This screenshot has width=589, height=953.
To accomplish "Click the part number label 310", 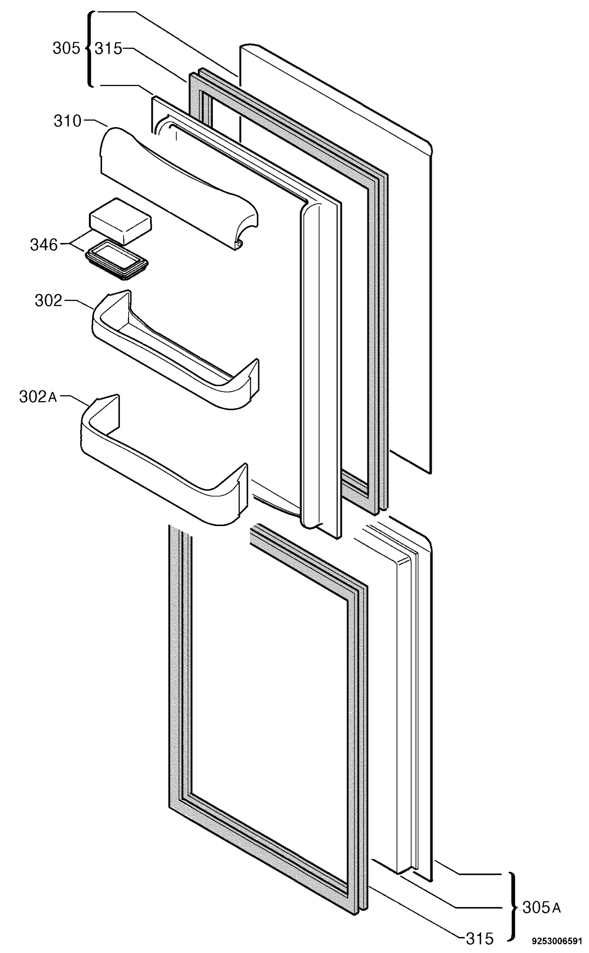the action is click(68, 121).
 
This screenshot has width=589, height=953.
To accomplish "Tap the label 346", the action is click(44, 245).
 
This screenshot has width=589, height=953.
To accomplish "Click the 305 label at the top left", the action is click(66, 48).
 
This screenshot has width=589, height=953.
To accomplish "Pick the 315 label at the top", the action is click(108, 48).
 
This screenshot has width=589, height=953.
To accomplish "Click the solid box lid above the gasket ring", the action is click(120, 221).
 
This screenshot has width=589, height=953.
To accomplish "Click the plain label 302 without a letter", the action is click(49, 301).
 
